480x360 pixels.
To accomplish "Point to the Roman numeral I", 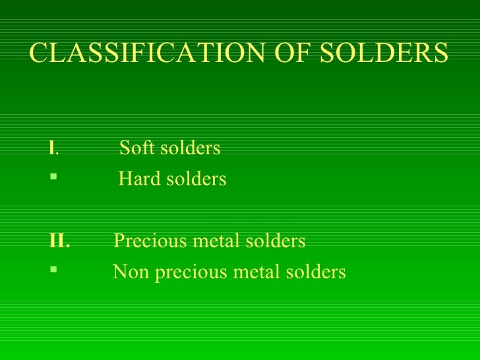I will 52,148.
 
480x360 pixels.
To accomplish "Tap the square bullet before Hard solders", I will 53,178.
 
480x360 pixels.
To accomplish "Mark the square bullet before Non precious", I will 53,271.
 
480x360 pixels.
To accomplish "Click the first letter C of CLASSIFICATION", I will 38,53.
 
